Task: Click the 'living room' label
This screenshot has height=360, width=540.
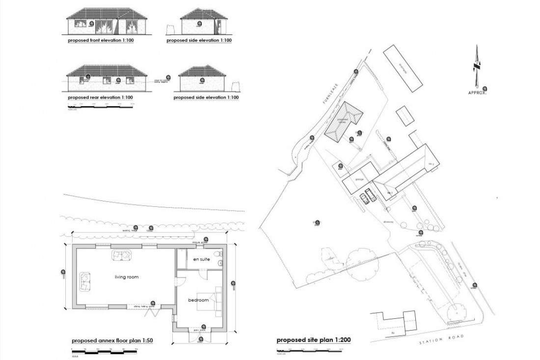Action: (127, 277)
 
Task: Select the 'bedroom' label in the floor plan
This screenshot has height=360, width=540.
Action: (198, 300)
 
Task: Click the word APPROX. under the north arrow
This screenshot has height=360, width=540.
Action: (477, 92)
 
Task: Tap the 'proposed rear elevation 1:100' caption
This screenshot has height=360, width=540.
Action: (100, 97)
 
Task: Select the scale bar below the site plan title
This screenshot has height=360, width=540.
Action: (309, 350)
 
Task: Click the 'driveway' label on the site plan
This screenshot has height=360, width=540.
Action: (389, 222)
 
